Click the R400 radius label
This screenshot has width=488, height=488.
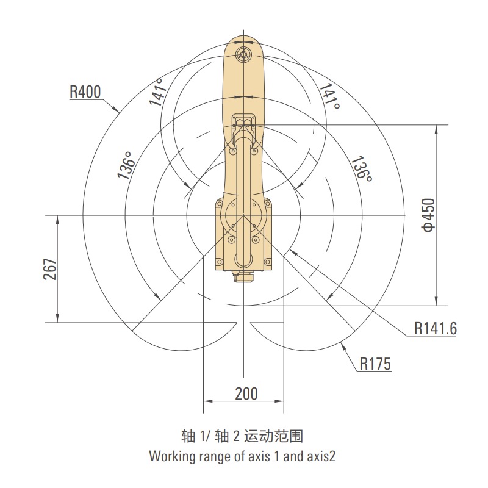85,92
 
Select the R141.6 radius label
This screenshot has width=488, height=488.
436,328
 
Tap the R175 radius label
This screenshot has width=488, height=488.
375,364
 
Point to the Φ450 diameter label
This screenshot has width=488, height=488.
428,215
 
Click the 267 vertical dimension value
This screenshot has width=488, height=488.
51,269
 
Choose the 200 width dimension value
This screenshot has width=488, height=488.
246,393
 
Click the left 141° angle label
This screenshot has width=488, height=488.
157,91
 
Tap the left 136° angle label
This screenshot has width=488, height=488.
126,165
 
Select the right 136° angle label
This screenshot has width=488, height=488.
362,169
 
